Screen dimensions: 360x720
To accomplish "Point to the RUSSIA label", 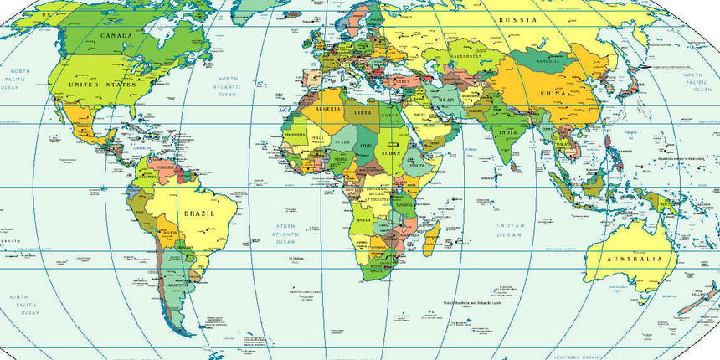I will [x=517, y=19].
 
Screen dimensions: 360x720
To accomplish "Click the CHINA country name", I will [x=554, y=93].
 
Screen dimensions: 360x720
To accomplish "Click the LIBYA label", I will [x=363, y=112].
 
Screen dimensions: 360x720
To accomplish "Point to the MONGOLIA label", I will [x=547, y=61].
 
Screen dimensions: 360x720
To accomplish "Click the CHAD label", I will [x=366, y=148].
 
